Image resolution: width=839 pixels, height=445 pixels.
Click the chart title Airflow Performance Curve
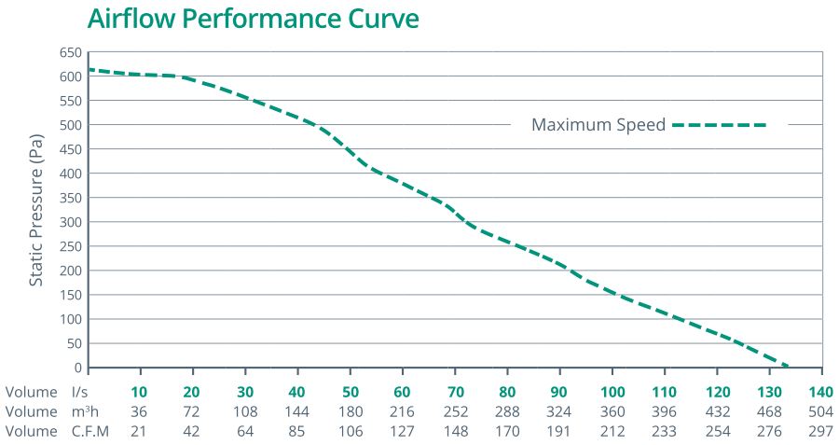[253, 19]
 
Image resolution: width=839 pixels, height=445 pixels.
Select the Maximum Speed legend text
[598, 125]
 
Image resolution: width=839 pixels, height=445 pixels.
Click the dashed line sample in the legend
[719, 125]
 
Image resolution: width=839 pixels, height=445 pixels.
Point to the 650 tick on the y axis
[70, 52]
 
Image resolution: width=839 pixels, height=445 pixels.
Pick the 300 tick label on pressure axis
[70, 222]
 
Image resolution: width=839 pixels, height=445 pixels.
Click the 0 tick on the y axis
[77, 368]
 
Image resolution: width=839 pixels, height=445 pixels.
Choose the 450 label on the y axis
[70, 149]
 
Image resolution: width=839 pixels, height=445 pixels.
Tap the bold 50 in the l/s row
[350, 392]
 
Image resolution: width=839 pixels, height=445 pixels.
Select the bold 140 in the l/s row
[821, 392]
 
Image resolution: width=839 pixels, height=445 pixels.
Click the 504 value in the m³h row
[821, 411]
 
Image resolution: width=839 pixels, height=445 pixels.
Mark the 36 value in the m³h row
[139, 411]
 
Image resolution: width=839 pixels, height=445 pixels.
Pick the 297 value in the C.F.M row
[821, 431]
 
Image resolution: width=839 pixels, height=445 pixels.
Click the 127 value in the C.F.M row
[402, 431]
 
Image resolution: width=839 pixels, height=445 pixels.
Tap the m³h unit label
[87, 411]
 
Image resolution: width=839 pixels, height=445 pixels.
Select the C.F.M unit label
[90, 431]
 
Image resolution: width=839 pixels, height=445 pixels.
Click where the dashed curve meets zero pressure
[789, 367]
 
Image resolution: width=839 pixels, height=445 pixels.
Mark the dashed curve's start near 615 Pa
[90, 69]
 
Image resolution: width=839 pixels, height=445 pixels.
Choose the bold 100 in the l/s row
[612, 392]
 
